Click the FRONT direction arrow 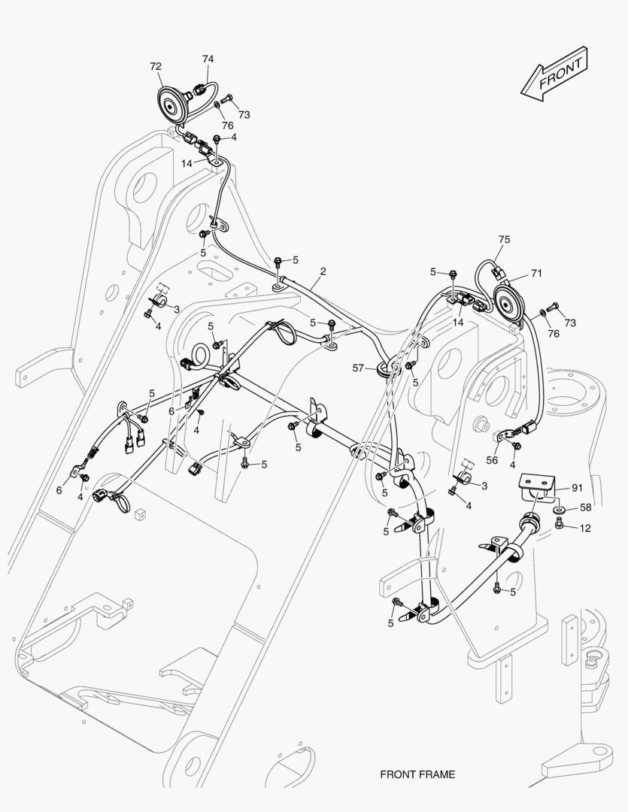point(554,74)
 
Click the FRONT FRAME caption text point(417,774)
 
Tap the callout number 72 point(156,66)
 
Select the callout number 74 point(208,59)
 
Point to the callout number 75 point(504,239)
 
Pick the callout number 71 point(536,273)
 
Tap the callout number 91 point(577,488)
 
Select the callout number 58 point(586,507)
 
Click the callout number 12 point(585,529)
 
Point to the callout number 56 point(492,460)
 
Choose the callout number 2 point(323,271)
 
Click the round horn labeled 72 point(171,106)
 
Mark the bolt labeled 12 point(559,526)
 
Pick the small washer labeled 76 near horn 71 point(542,312)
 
